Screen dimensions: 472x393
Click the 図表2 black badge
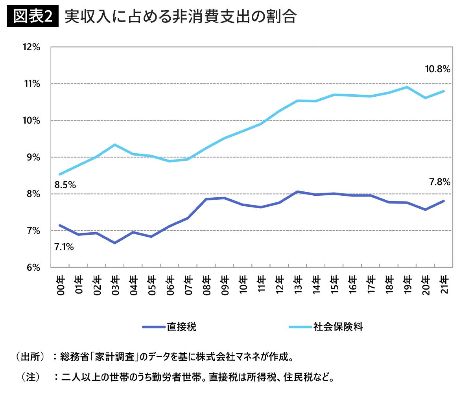click(33, 16)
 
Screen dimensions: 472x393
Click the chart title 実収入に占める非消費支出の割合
click(181, 17)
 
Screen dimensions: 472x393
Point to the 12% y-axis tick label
click(31, 47)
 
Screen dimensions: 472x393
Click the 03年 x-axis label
click(115, 285)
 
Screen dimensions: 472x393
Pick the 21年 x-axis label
click(444, 285)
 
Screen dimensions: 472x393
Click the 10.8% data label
click(438, 69)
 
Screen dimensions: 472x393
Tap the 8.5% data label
click(65, 185)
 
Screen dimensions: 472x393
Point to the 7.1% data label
click(64, 247)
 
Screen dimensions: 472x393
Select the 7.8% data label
click(440, 182)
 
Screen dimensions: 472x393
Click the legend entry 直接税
click(170, 327)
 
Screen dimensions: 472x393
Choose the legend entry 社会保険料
click(326, 327)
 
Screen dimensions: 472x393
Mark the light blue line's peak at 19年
click(407, 87)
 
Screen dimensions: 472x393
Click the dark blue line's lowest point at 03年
click(115, 243)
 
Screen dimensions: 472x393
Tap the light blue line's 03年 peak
click(115, 145)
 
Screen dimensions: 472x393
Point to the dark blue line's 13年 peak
click(298, 191)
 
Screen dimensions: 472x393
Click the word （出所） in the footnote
click(30, 357)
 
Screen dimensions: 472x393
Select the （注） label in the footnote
click(30, 377)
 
